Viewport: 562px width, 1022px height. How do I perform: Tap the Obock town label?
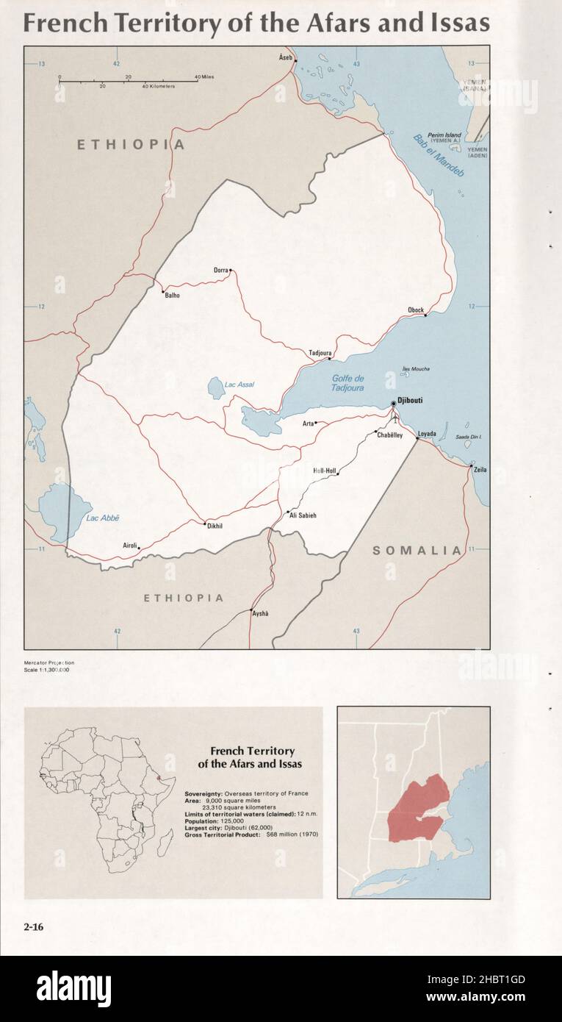click(x=416, y=310)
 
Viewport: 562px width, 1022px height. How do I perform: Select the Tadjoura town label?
click(x=320, y=353)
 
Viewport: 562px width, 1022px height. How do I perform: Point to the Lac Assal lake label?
click(x=239, y=385)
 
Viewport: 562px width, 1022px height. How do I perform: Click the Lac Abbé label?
click(x=102, y=518)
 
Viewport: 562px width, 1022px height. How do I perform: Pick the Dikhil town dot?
click(x=205, y=523)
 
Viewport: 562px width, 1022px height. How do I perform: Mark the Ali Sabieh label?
click(x=303, y=515)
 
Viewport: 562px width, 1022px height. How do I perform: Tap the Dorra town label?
click(x=221, y=270)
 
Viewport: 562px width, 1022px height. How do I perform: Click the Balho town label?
click(x=172, y=296)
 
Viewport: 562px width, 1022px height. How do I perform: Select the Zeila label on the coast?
click(x=480, y=470)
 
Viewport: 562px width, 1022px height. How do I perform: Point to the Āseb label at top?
click(x=286, y=57)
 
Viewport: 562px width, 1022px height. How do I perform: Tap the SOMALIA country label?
click(x=417, y=550)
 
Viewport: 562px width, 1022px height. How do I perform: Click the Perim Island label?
click(x=444, y=135)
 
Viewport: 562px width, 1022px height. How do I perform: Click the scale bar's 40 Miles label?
click(x=203, y=77)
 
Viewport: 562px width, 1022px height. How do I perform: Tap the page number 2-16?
click(x=34, y=927)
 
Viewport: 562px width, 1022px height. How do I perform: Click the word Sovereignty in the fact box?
click(x=203, y=793)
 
